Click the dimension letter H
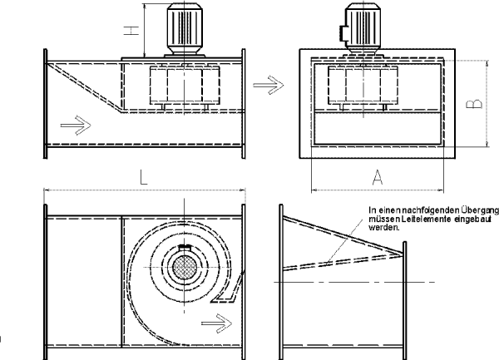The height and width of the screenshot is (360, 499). pos(131,31)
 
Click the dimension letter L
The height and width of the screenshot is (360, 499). pos(144,177)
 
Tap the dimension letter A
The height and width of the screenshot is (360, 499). pos(378,177)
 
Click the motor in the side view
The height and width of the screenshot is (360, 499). pos(185,30)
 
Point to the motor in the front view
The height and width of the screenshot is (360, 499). pos(363,28)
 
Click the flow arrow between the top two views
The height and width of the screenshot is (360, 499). pos(268,85)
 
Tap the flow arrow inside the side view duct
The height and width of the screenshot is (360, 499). pos(76,125)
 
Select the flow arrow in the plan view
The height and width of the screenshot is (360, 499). pos(217,323)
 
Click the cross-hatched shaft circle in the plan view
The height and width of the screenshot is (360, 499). pos(184,267)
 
